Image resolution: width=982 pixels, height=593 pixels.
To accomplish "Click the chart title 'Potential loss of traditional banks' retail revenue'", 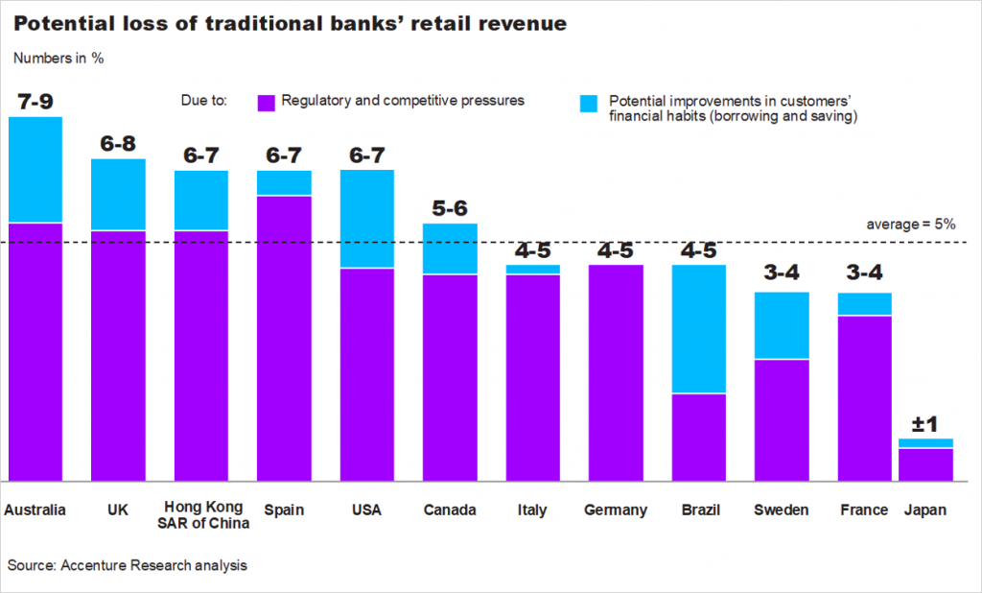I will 287,22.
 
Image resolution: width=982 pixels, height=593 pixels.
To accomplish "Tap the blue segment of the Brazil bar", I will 698,328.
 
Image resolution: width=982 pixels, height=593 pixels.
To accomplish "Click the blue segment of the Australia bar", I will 35,170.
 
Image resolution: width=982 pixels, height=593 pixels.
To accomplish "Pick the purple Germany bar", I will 616,372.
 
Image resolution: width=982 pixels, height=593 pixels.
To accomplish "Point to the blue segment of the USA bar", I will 367,219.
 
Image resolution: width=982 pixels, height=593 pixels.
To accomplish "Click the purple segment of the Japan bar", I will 925,464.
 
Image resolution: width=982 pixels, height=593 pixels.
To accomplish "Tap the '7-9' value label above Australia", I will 35,100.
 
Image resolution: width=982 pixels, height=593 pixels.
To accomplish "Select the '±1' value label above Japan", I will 925,423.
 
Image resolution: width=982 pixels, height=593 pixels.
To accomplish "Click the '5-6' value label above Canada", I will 450,207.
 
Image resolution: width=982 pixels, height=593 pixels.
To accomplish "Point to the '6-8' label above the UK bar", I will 118,143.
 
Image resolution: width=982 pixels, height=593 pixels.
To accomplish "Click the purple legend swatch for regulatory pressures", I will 267,102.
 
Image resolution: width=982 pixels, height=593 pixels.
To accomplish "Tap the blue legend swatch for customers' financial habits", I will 590,102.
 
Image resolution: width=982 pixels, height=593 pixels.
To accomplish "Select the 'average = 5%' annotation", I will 910,224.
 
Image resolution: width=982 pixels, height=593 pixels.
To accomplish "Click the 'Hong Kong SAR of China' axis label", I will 201,514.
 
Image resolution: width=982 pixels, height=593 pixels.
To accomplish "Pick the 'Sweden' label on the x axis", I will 781,510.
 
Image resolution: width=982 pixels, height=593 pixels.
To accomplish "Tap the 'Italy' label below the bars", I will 531,510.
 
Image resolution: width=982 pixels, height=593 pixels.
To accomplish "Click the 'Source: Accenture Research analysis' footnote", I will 128,565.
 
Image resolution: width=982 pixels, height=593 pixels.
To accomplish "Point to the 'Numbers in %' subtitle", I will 58,58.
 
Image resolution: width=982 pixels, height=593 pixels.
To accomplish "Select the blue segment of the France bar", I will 864,303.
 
